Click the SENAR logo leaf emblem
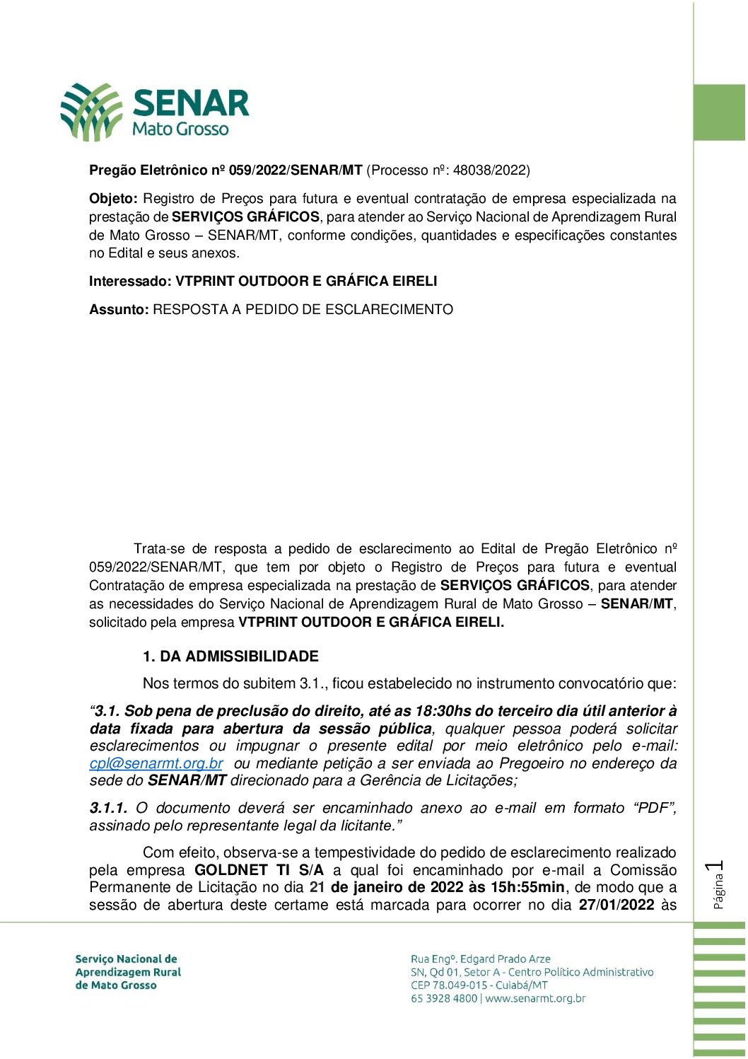(91, 111)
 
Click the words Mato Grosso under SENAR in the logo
(180, 129)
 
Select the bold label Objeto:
(113, 199)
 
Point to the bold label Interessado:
(130, 282)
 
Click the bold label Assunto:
(119, 310)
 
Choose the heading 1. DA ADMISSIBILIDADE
(230, 656)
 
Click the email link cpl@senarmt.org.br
(156, 764)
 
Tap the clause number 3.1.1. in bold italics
(108, 808)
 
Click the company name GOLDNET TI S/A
(259, 870)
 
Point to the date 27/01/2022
(616, 905)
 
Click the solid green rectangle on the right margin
(719, 112)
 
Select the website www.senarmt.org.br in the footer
(535, 999)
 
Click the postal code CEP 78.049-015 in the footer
(449, 985)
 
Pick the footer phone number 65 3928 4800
(444, 999)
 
